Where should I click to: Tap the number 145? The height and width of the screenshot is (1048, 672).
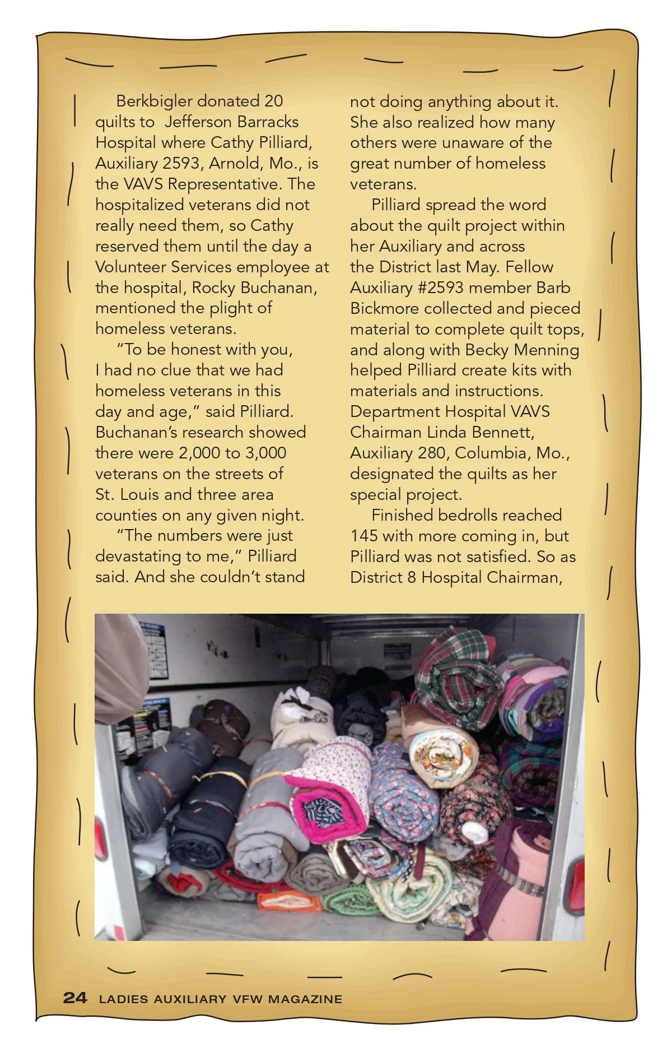click(364, 536)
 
